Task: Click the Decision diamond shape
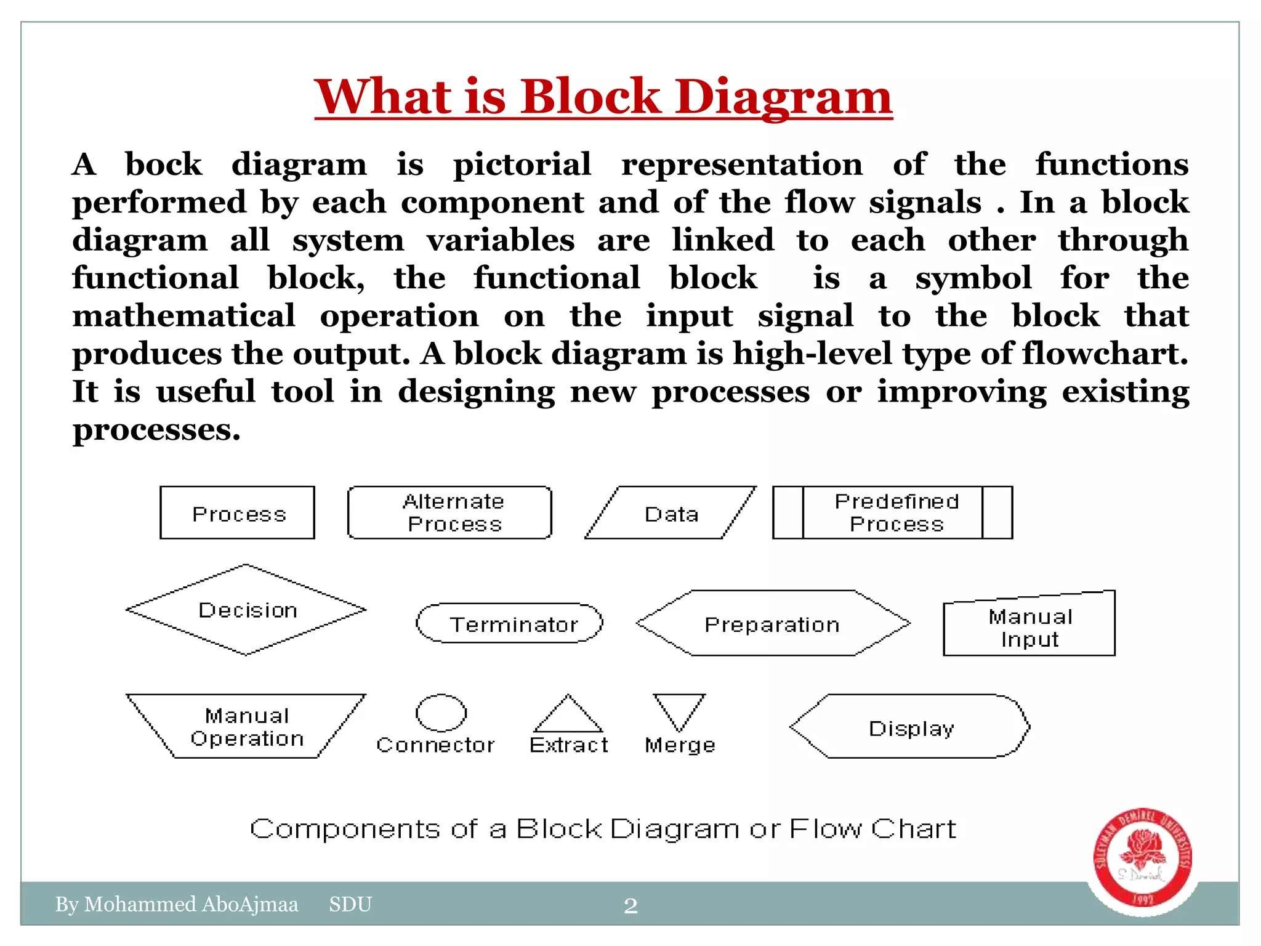(246, 610)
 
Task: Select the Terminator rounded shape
(510, 623)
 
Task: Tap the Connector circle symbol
(441, 713)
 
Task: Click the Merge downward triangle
(679, 710)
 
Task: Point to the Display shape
(910, 727)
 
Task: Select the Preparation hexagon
(773, 623)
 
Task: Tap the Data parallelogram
(671, 513)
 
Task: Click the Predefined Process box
(893, 512)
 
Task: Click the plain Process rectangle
(238, 513)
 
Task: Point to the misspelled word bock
(163, 164)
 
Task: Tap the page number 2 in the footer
(630, 905)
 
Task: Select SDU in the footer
(350, 904)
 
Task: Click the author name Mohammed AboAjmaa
(191, 904)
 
